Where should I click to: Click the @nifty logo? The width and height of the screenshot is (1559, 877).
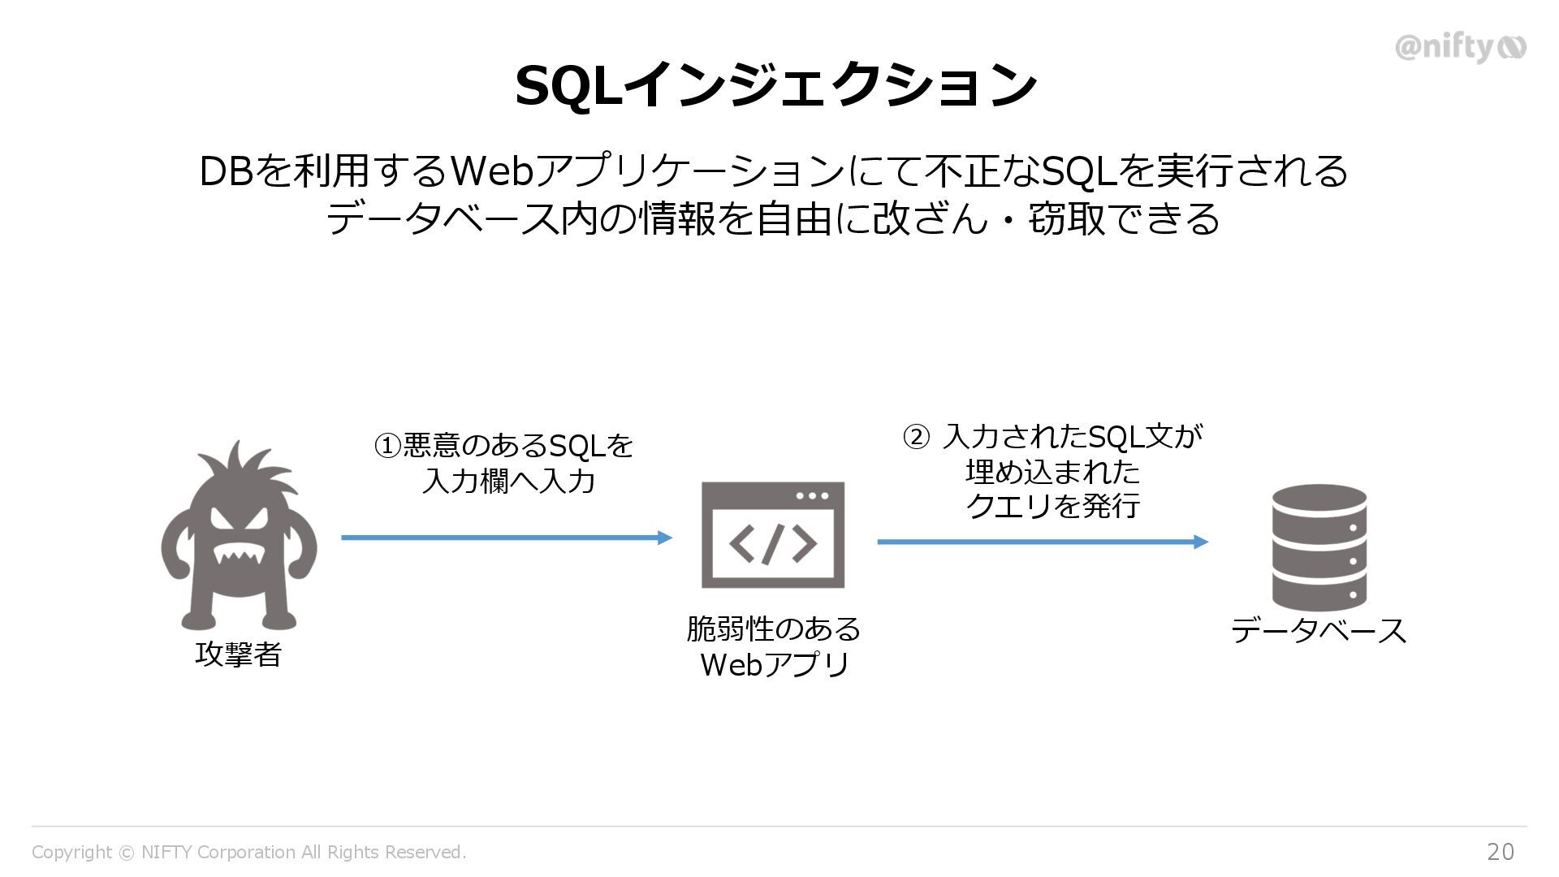1459,48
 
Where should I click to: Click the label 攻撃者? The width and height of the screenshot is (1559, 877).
238,654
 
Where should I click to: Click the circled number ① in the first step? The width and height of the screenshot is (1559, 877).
387,446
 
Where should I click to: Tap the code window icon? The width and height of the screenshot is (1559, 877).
773,534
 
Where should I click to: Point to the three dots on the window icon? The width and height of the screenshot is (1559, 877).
812,495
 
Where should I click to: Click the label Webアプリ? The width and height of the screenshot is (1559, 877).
774,665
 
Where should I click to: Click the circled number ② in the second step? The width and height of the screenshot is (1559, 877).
915,438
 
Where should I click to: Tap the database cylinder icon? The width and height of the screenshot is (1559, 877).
1319,548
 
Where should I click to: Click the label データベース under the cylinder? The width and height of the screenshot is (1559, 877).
1319,631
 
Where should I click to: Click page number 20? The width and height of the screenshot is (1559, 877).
1500,852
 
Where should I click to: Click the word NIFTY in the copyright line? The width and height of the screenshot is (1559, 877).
166,852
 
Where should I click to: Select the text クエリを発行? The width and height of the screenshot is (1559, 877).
1053,506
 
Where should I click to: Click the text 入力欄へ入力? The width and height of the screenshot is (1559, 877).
509,482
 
